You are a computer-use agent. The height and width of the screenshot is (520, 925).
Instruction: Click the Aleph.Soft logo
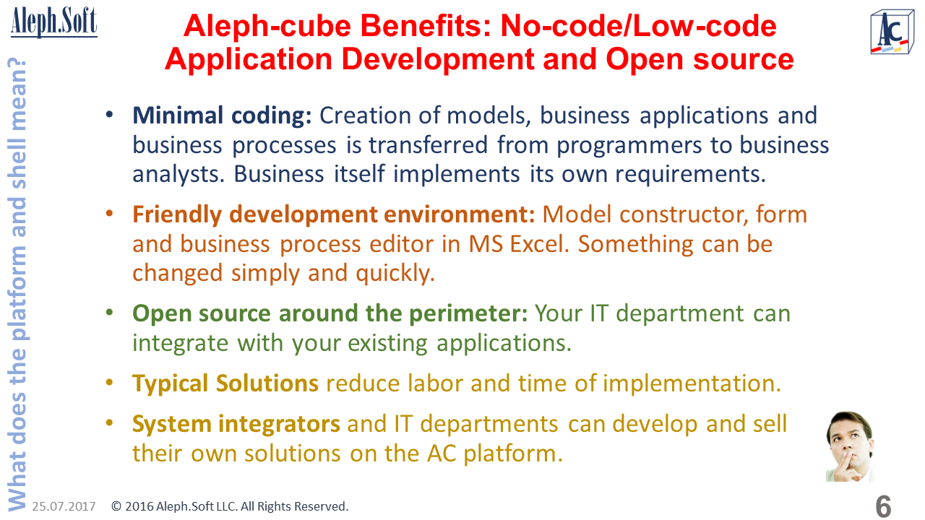pos(54,22)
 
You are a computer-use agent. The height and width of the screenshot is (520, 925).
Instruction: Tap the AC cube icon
pos(892,32)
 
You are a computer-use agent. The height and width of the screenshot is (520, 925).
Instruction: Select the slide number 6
pos(883,506)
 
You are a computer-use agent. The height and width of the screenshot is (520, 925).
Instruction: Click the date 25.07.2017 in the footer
pos(64,506)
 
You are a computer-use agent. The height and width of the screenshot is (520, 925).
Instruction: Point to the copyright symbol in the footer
pos(116,506)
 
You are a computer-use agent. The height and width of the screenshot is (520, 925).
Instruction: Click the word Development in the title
pos(438,59)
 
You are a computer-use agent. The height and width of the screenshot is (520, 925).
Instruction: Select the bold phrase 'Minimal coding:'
pos(222,116)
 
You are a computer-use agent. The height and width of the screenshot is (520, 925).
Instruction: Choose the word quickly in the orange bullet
pos(395,273)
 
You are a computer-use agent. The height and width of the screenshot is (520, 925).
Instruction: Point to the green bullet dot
pos(109,313)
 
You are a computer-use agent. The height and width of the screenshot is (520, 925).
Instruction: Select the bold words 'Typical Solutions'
pos(225,383)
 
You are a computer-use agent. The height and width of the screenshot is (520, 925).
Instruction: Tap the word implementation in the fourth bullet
pos(692,383)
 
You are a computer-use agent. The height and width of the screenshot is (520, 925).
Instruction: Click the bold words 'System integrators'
pos(236,424)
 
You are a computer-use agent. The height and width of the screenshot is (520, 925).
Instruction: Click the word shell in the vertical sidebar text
pos(17,164)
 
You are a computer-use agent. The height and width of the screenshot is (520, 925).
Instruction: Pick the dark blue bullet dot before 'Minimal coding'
pos(109,114)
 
